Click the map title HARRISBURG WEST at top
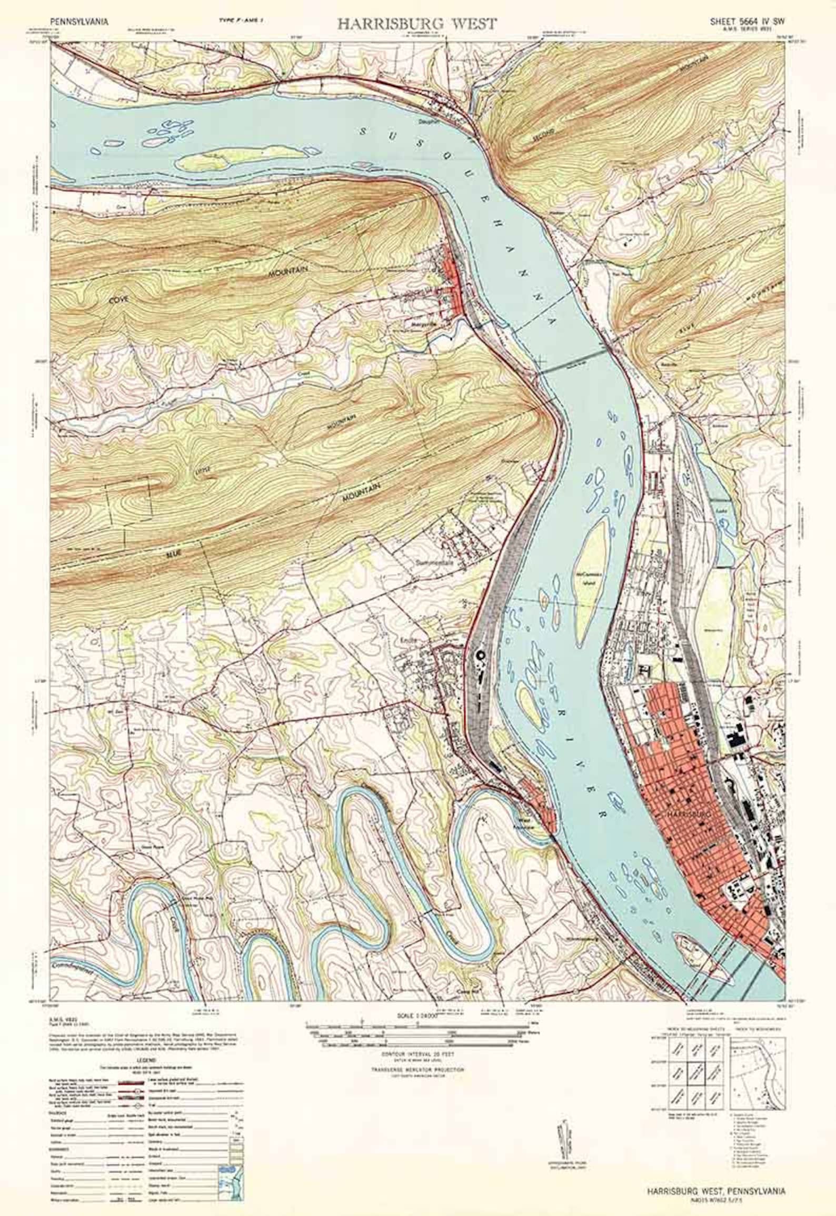[416, 24]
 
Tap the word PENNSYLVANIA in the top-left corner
[80, 22]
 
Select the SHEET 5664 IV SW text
[747, 22]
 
